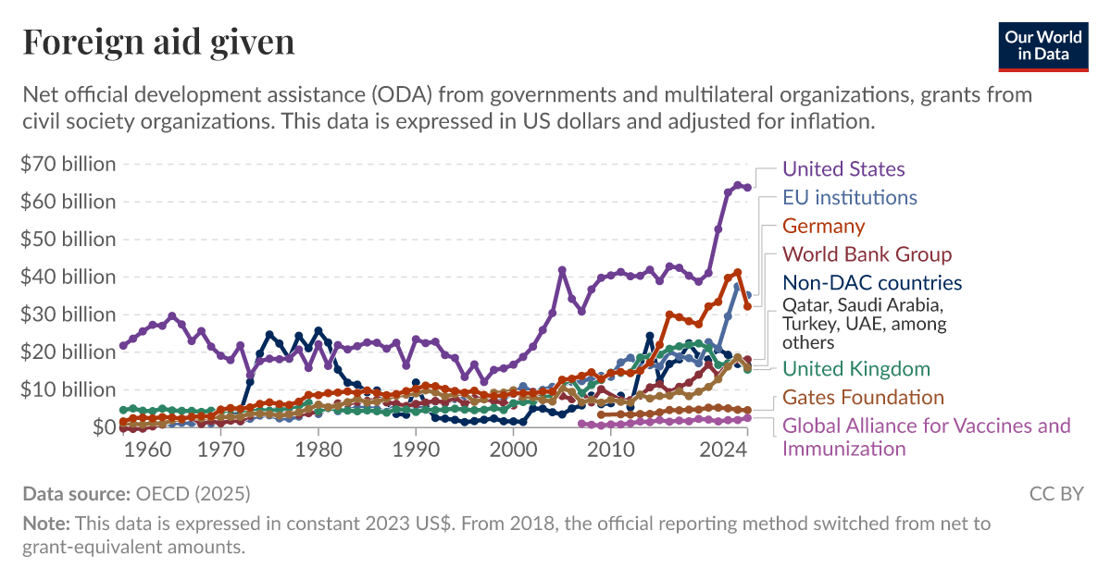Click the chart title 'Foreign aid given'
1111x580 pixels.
(158, 42)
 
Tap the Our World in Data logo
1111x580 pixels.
(1042, 45)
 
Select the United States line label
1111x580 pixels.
(843, 168)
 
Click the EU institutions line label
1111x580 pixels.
(849, 197)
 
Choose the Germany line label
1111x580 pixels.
(823, 226)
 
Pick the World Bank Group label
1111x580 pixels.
(867, 254)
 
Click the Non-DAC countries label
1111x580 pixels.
(871, 283)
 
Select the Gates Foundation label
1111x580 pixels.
(863, 398)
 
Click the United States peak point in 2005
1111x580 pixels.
(562, 270)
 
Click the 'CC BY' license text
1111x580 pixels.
(1056, 494)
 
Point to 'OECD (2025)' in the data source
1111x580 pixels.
(193, 494)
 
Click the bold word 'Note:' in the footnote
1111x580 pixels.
(47, 524)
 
